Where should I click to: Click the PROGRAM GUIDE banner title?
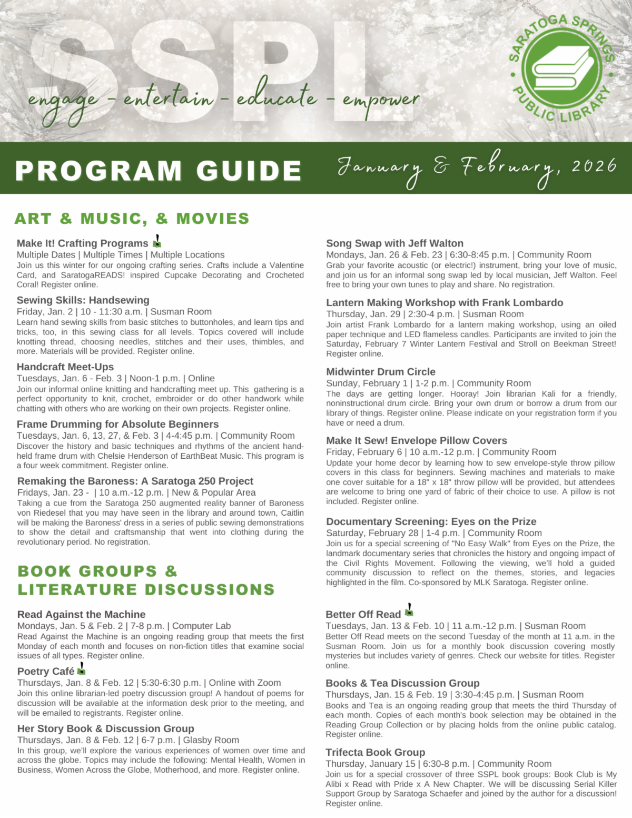[x=158, y=171]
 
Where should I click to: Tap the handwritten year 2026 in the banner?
[x=594, y=166]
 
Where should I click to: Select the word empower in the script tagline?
[x=380, y=99]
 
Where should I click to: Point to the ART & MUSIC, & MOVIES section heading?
[x=132, y=219]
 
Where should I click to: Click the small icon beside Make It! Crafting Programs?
[x=157, y=241]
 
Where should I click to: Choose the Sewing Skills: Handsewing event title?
[x=83, y=300]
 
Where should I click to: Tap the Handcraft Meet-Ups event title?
[x=65, y=367]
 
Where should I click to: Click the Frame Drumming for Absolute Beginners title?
[x=117, y=424]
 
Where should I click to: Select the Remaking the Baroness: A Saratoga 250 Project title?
[x=135, y=481]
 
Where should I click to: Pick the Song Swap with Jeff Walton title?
[x=394, y=243]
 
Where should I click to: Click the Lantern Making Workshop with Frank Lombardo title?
[x=445, y=302]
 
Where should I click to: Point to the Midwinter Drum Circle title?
[x=380, y=372]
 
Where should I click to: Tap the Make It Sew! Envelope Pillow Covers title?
[x=416, y=440]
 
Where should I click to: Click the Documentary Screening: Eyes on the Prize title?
[x=431, y=521]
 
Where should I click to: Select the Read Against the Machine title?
[x=81, y=614]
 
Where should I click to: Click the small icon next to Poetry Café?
[x=82, y=669]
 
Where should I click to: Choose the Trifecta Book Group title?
[x=375, y=752]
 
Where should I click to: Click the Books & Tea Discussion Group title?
[x=402, y=683]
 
